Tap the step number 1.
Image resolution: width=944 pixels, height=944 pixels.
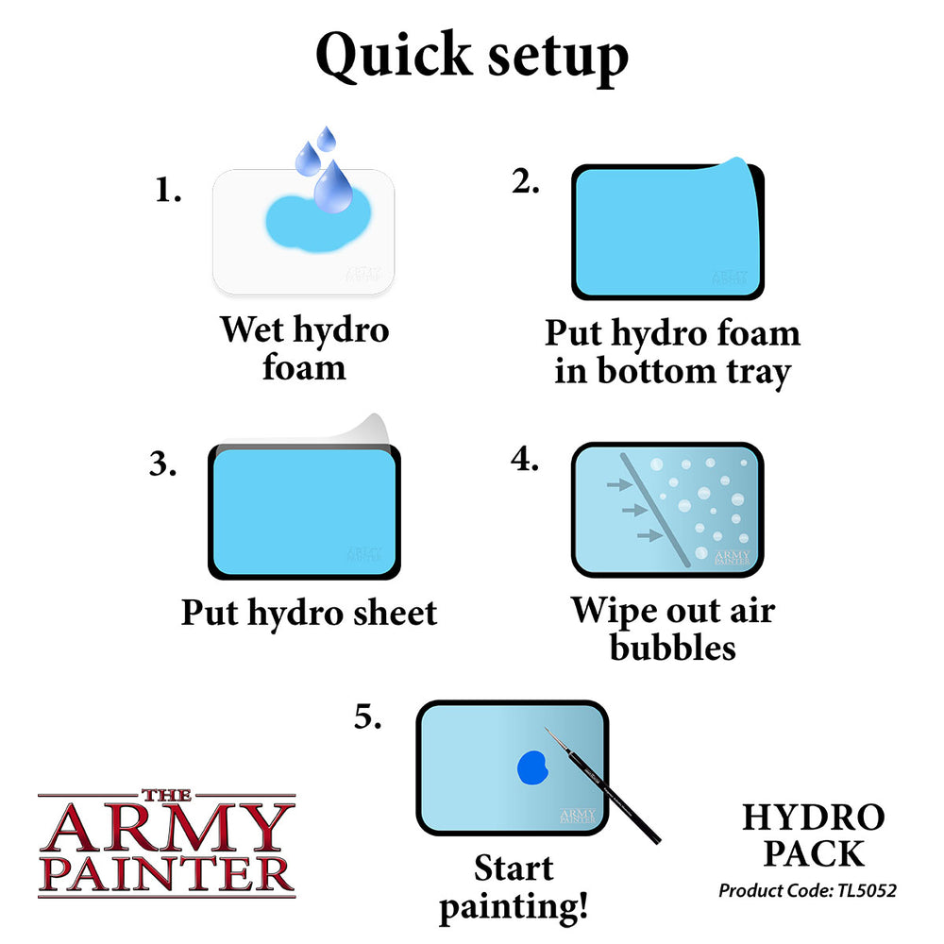coord(167,192)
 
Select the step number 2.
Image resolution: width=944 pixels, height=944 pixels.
coord(526,183)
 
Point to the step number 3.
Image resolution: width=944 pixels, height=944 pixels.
coord(162,465)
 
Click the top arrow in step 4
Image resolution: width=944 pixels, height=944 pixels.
coord(618,485)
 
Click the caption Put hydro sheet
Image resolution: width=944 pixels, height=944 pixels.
coord(309,613)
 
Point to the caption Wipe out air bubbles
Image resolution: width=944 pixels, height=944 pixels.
coord(672,629)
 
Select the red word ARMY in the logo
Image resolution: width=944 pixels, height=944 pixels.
coord(165,830)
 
